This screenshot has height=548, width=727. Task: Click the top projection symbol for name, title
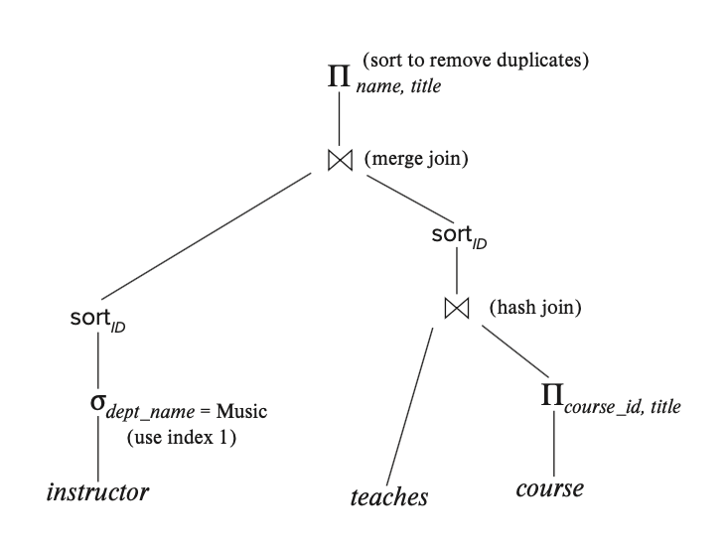coord(341,75)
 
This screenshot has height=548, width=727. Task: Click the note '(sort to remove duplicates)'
coord(477,60)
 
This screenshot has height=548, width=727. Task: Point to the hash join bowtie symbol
coord(456,309)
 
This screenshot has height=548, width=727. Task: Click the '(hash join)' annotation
coord(534,308)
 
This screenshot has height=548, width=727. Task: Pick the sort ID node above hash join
coord(456,236)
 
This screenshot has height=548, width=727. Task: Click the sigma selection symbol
coord(96,407)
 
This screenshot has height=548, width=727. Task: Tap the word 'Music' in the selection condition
coord(243,410)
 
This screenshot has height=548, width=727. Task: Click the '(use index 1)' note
coord(181,438)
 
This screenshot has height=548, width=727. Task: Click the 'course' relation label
coord(549,489)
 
